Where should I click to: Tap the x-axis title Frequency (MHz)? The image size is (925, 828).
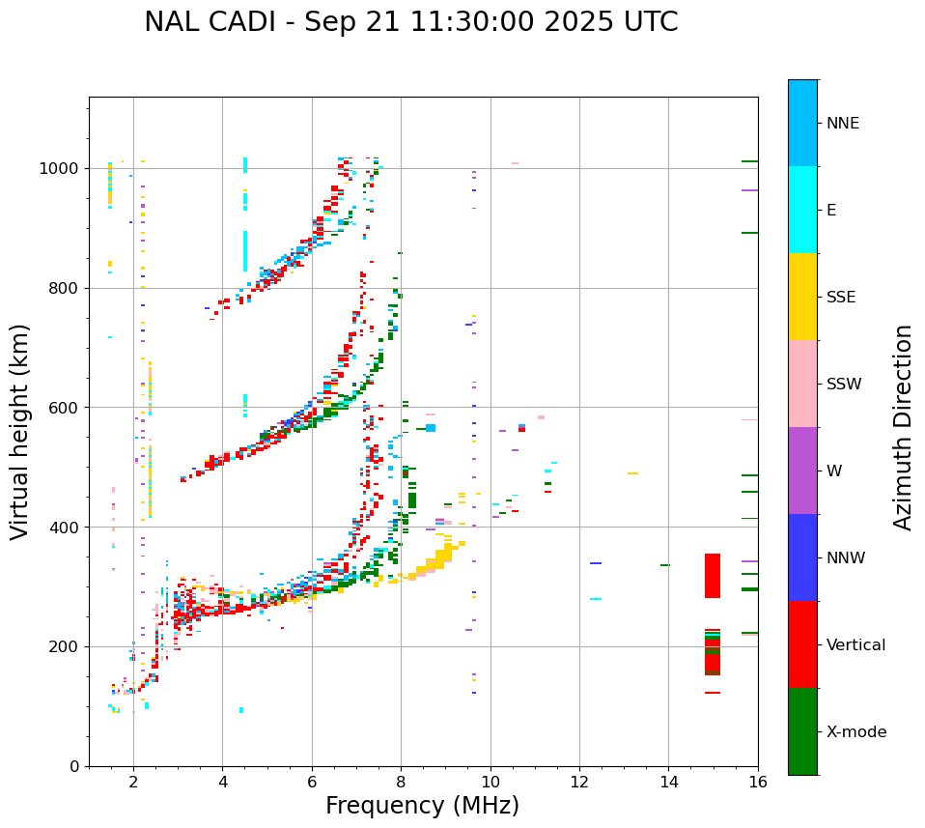pyautogui.click(x=422, y=806)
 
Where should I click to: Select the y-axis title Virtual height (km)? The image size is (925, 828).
pyautogui.click(x=20, y=431)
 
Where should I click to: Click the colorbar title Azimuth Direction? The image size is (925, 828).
pyautogui.click(x=903, y=426)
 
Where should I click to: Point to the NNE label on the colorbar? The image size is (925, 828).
pyautogui.click(x=842, y=124)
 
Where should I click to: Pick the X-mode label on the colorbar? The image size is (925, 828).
pyautogui.click(x=855, y=732)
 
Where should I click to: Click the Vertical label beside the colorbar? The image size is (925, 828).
pyautogui.click(x=855, y=645)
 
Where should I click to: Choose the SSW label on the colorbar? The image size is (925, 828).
pyautogui.click(x=844, y=385)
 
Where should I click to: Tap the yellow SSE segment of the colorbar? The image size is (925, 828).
pyautogui.click(x=802, y=297)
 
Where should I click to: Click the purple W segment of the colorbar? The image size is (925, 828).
pyautogui.click(x=802, y=471)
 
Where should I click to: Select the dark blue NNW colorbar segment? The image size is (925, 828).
pyautogui.click(x=802, y=557)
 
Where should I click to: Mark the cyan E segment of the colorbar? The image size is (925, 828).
pyautogui.click(x=802, y=210)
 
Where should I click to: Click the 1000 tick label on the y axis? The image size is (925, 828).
pyautogui.click(x=60, y=168)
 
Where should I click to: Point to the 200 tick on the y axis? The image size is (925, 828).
pyautogui.click(x=65, y=646)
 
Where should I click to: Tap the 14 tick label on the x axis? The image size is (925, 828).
pyautogui.click(x=668, y=781)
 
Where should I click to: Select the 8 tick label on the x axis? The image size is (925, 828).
pyautogui.click(x=401, y=781)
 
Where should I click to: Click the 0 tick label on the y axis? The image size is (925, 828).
pyautogui.click(x=73, y=766)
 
